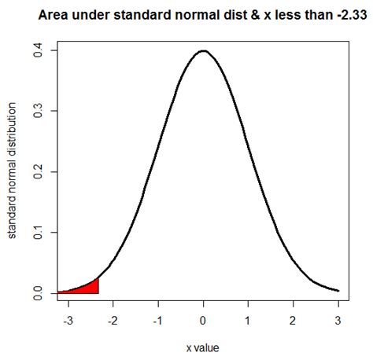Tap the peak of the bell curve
pos(204,51)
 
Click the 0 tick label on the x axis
pos(204,321)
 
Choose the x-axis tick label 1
pos(249,321)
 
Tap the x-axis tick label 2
pos(294,321)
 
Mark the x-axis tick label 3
pos(338,321)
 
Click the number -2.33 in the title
pos(345,16)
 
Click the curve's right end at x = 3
pos(338,291)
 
